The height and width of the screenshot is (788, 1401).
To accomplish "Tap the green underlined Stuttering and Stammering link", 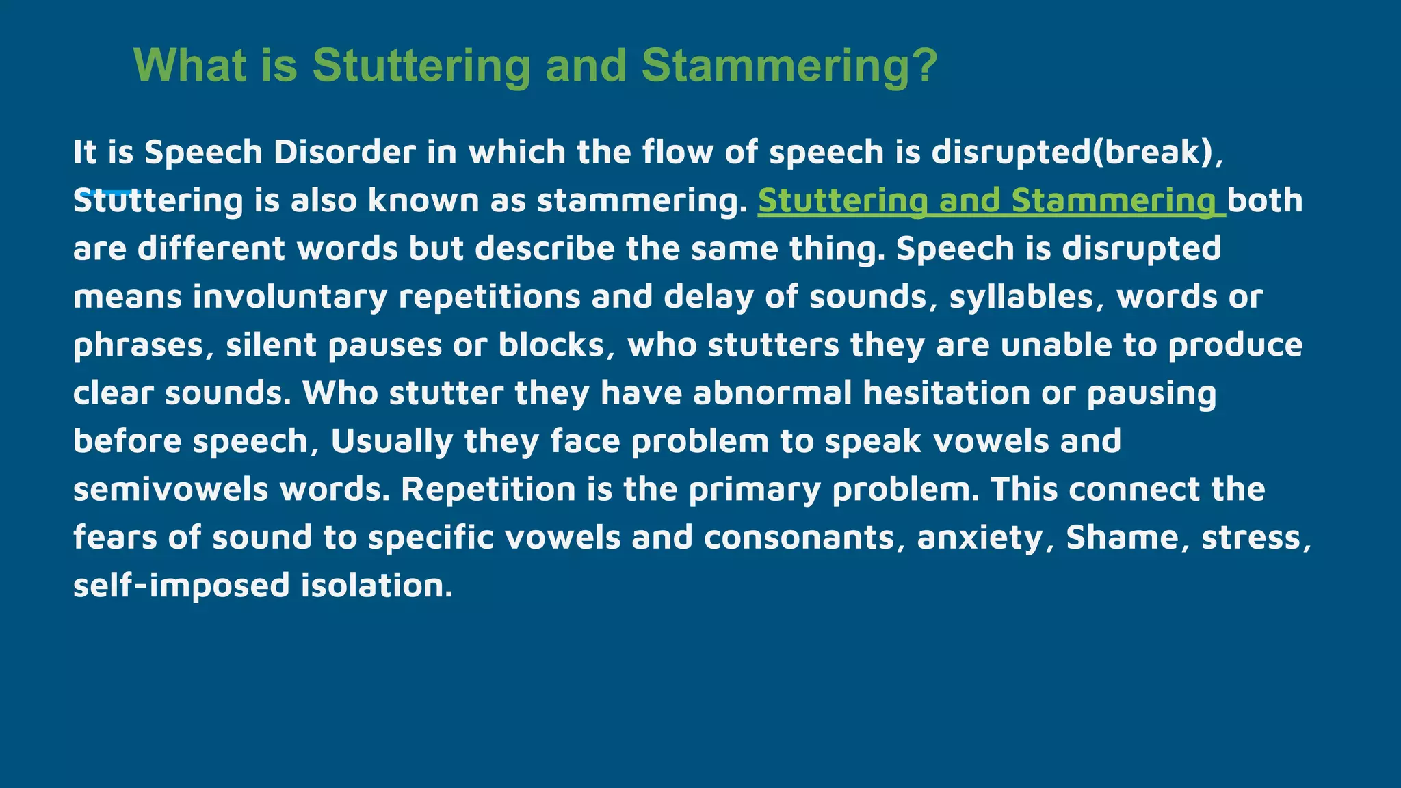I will point(991,200).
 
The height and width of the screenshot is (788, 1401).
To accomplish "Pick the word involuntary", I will point(290,297).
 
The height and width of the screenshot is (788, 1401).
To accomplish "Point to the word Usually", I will point(392,441).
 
